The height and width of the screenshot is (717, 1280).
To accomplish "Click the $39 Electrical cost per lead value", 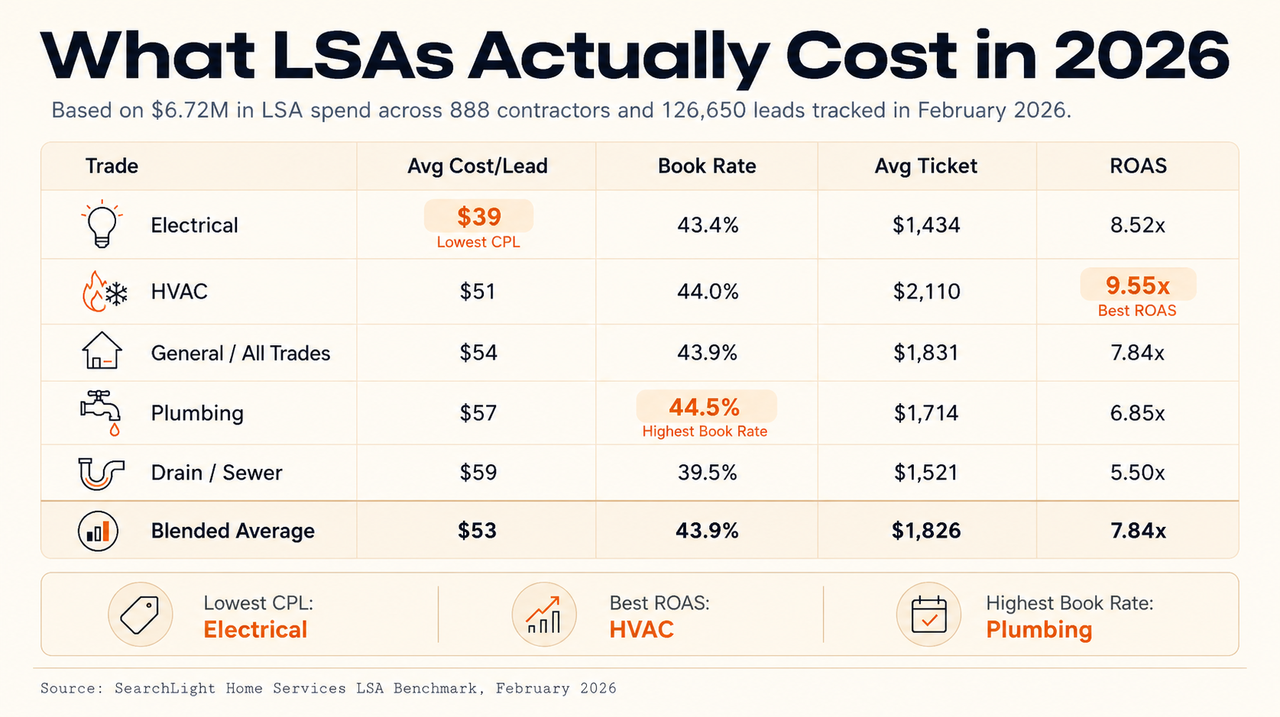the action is pyautogui.click(x=479, y=217).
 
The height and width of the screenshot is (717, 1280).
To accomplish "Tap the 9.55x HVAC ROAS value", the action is pyautogui.click(x=1138, y=286).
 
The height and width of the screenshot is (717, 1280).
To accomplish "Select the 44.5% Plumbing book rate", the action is pyautogui.click(x=705, y=407).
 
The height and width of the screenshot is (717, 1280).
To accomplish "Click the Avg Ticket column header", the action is pyautogui.click(x=925, y=166).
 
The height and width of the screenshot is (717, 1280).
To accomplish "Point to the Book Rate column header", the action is pyautogui.click(x=707, y=166).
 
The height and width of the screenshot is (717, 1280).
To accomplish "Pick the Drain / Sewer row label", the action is pyautogui.click(x=216, y=473).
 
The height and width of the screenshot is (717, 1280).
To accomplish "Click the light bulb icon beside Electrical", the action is pyautogui.click(x=102, y=224).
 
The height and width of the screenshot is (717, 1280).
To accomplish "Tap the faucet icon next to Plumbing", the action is pyautogui.click(x=101, y=413).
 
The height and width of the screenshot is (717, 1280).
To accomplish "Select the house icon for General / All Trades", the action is pyautogui.click(x=102, y=350).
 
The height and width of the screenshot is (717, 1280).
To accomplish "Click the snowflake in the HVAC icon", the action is pyautogui.click(x=117, y=295).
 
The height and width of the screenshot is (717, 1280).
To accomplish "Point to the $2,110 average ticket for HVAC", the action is pyautogui.click(x=926, y=292).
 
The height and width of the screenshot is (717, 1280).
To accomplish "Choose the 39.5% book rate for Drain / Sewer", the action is pyautogui.click(x=708, y=473).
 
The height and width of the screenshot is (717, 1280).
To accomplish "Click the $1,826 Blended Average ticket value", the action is pyautogui.click(x=926, y=531).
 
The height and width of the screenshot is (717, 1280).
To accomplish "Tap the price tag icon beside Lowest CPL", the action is pyautogui.click(x=140, y=614).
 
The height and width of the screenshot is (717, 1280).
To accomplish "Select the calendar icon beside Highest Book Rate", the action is pyautogui.click(x=928, y=614).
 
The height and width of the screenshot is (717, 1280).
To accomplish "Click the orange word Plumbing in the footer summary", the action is pyautogui.click(x=1039, y=630).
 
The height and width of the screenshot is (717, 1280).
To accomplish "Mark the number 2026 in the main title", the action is pyautogui.click(x=1141, y=56).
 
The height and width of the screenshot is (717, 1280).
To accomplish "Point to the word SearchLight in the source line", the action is pyautogui.click(x=164, y=689).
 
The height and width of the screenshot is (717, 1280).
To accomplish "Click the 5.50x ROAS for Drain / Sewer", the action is pyautogui.click(x=1137, y=473).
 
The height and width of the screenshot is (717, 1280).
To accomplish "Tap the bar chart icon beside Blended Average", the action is pyautogui.click(x=98, y=531).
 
